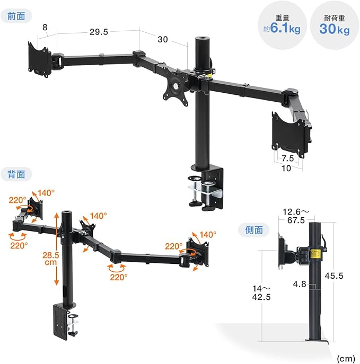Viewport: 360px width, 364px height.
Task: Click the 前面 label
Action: coord(16,16)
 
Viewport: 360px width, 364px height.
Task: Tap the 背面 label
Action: coord(16,174)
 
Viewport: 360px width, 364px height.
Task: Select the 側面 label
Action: coord(254,230)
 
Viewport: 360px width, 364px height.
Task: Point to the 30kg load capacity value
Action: coord(334,29)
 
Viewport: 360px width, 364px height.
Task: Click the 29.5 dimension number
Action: coord(99,32)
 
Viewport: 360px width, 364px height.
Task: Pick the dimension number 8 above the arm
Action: coord(45,28)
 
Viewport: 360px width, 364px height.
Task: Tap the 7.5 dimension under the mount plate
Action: coord(288,158)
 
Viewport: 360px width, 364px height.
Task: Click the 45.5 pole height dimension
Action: coord(333,276)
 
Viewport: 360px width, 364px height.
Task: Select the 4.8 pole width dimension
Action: coord(300,284)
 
